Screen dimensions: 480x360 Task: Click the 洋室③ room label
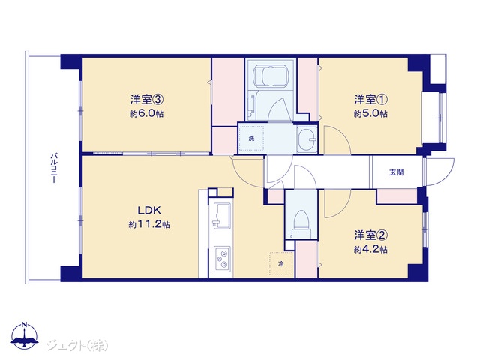point(148,99)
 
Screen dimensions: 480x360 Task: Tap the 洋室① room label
point(371,99)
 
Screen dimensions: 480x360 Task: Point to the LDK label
point(149,210)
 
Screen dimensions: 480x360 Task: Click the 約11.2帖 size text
point(149,225)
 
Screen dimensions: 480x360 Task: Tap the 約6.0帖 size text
point(147,114)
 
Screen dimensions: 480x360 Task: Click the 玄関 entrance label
point(396,172)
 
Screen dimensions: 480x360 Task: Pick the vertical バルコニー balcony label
point(54,168)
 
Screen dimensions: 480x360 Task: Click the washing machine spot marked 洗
point(251,138)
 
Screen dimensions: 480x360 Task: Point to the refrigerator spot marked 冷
point(281,263)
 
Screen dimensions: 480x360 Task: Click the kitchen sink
point(221,215)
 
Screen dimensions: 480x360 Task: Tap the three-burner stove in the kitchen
point(222,258)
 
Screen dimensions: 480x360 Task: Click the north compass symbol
point(25,335)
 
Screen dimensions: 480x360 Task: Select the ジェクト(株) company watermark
point(76,345)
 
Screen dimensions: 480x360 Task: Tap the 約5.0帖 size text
point(370,114)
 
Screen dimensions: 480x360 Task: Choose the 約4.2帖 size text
point(370,250)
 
